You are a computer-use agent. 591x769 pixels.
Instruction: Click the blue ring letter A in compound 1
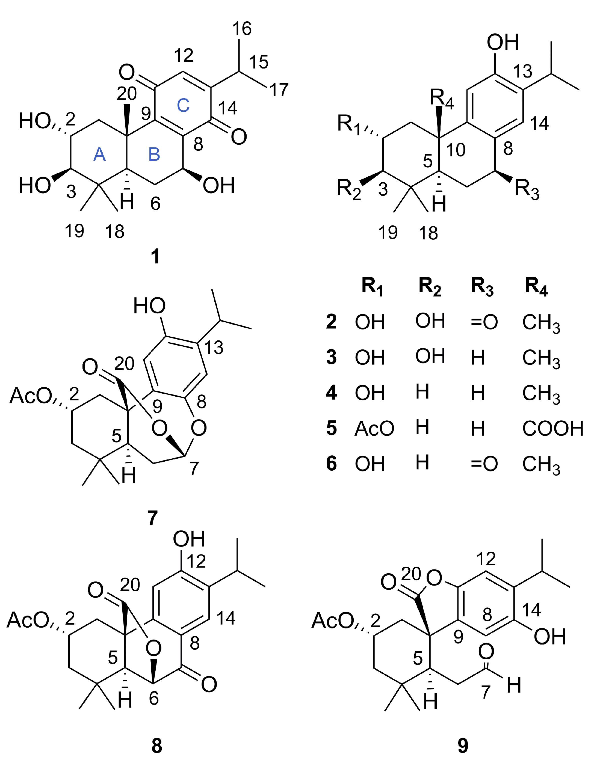(100, 155)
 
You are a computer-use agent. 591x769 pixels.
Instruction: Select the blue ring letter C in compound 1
(183, 105)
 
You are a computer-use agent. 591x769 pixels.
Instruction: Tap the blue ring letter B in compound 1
(154, 155)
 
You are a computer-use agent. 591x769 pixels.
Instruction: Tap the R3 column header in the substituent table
(482, 288)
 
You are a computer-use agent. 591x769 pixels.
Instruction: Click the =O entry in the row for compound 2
(484, 322)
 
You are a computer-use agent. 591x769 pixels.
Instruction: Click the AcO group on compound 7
(30, 396)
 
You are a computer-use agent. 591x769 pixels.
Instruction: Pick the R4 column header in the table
(536, 288)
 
